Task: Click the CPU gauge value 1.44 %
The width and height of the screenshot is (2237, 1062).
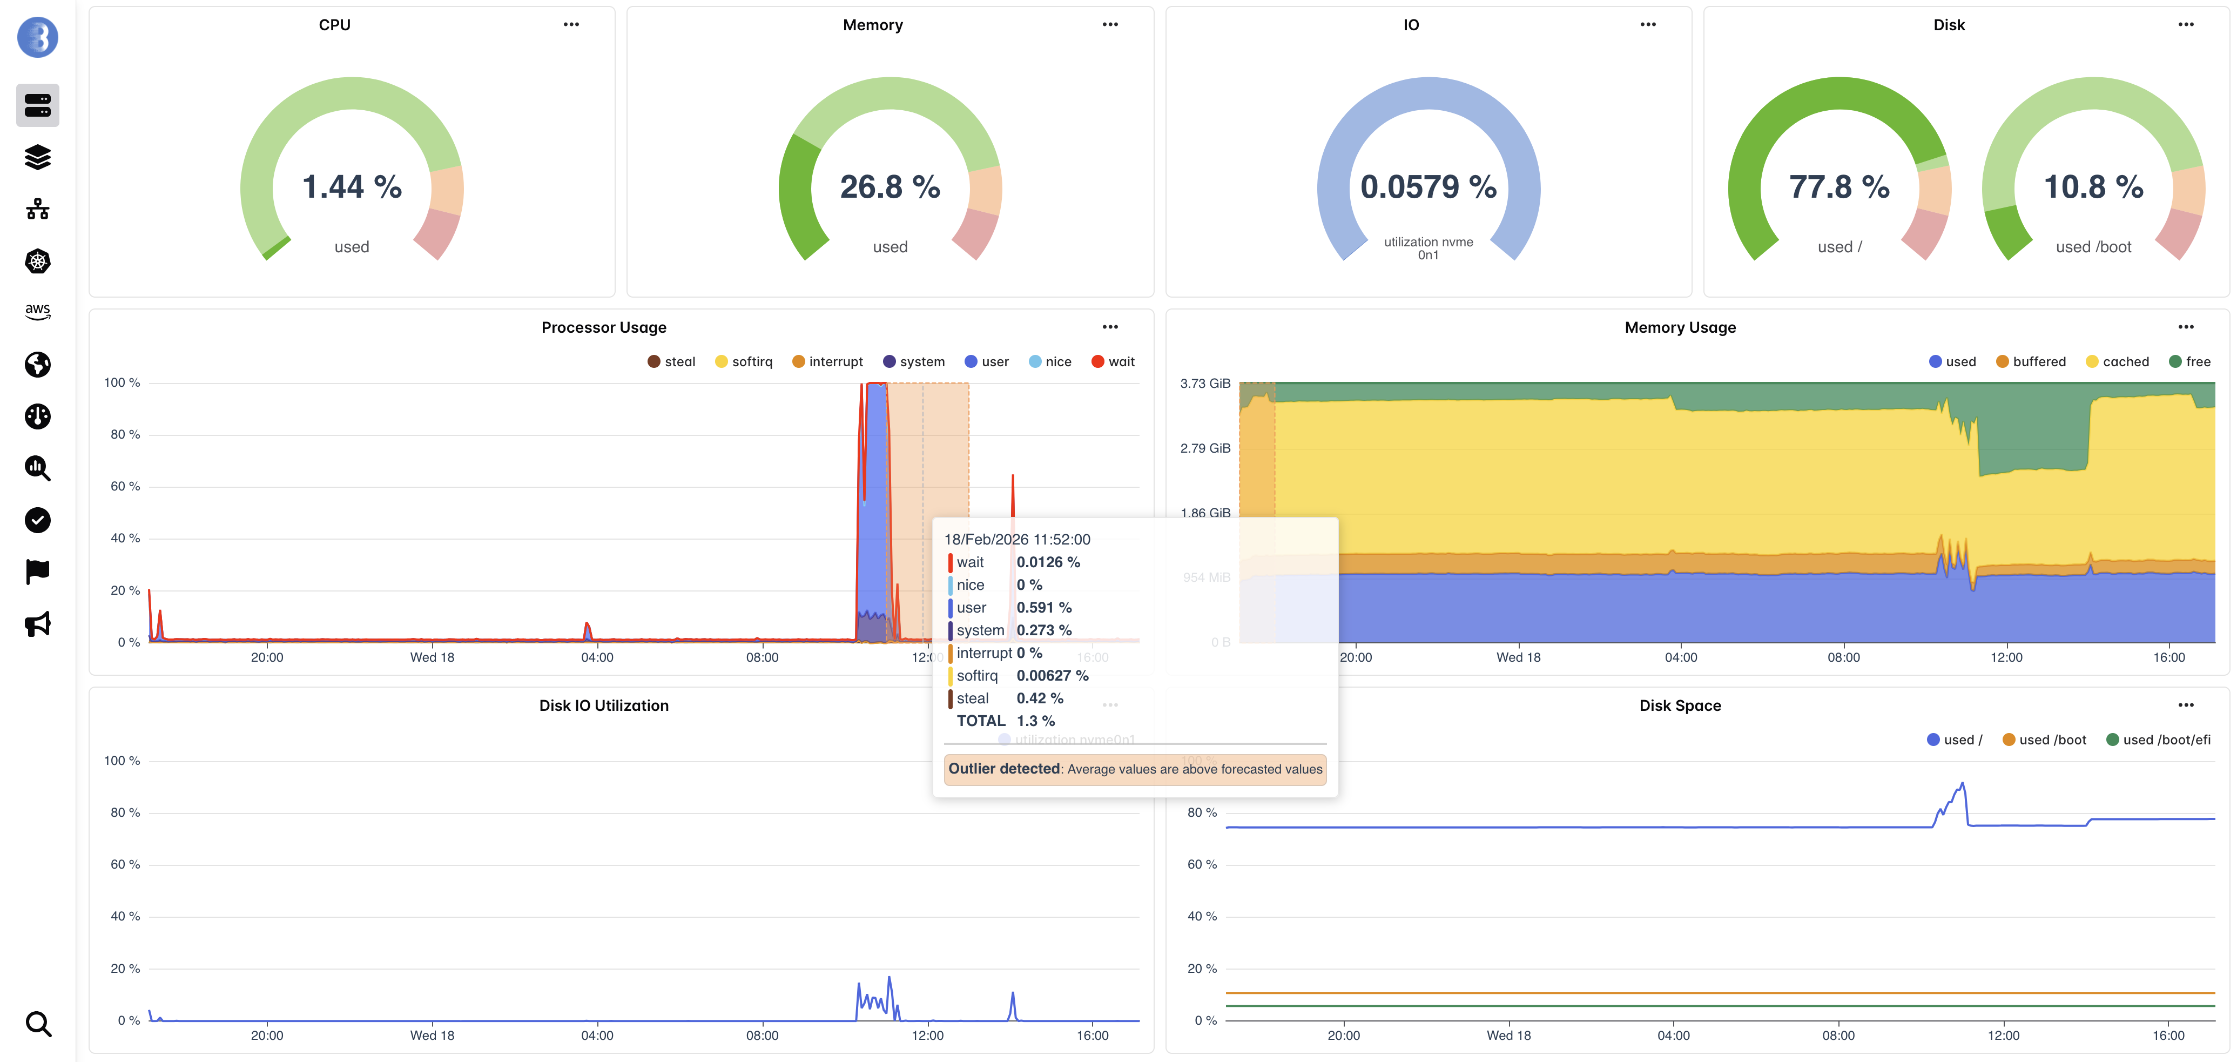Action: (x=352, y=187)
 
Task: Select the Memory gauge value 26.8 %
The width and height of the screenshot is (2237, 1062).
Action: (x=890, y=187)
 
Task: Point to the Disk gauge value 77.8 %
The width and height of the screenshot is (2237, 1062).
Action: (x=1838, y=187)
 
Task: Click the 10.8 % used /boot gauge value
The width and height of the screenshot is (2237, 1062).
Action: (x=2093, y=187)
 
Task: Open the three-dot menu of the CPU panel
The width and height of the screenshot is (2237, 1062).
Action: (x=570, y=24)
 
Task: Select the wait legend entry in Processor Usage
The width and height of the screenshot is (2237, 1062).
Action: (x=1113, y=362)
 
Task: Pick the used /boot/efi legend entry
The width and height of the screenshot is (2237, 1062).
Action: (x=2158, y=740)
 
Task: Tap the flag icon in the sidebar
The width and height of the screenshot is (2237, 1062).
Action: (x=37, y=572)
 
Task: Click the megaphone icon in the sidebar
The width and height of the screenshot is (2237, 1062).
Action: (x=37, y=623)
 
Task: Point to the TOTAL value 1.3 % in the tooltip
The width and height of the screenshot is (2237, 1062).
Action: (x=1035, y=721)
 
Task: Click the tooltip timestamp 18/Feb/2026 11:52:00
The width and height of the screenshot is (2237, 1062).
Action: (x=1017, y=539)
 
